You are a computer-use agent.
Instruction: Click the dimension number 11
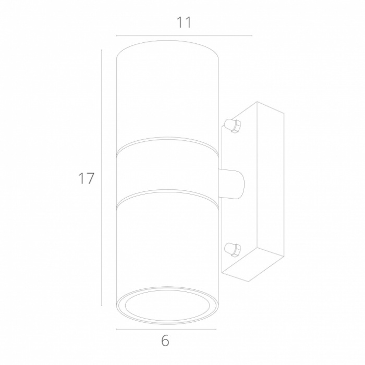(x=184, y=22)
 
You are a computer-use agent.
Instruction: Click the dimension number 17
(x=87, y=178)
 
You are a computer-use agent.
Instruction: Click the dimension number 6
(x=165, y=341)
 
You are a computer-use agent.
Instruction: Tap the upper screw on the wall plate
(x=232, y=126)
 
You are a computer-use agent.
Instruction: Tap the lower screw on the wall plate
(x=232, y=250)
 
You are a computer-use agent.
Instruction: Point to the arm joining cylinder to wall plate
(x=232, y=184)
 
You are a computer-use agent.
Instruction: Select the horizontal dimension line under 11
(x=184, y=35)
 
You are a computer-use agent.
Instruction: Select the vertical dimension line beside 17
(x=102, y=178)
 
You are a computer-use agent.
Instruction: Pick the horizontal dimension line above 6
(x=166, y=329)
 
